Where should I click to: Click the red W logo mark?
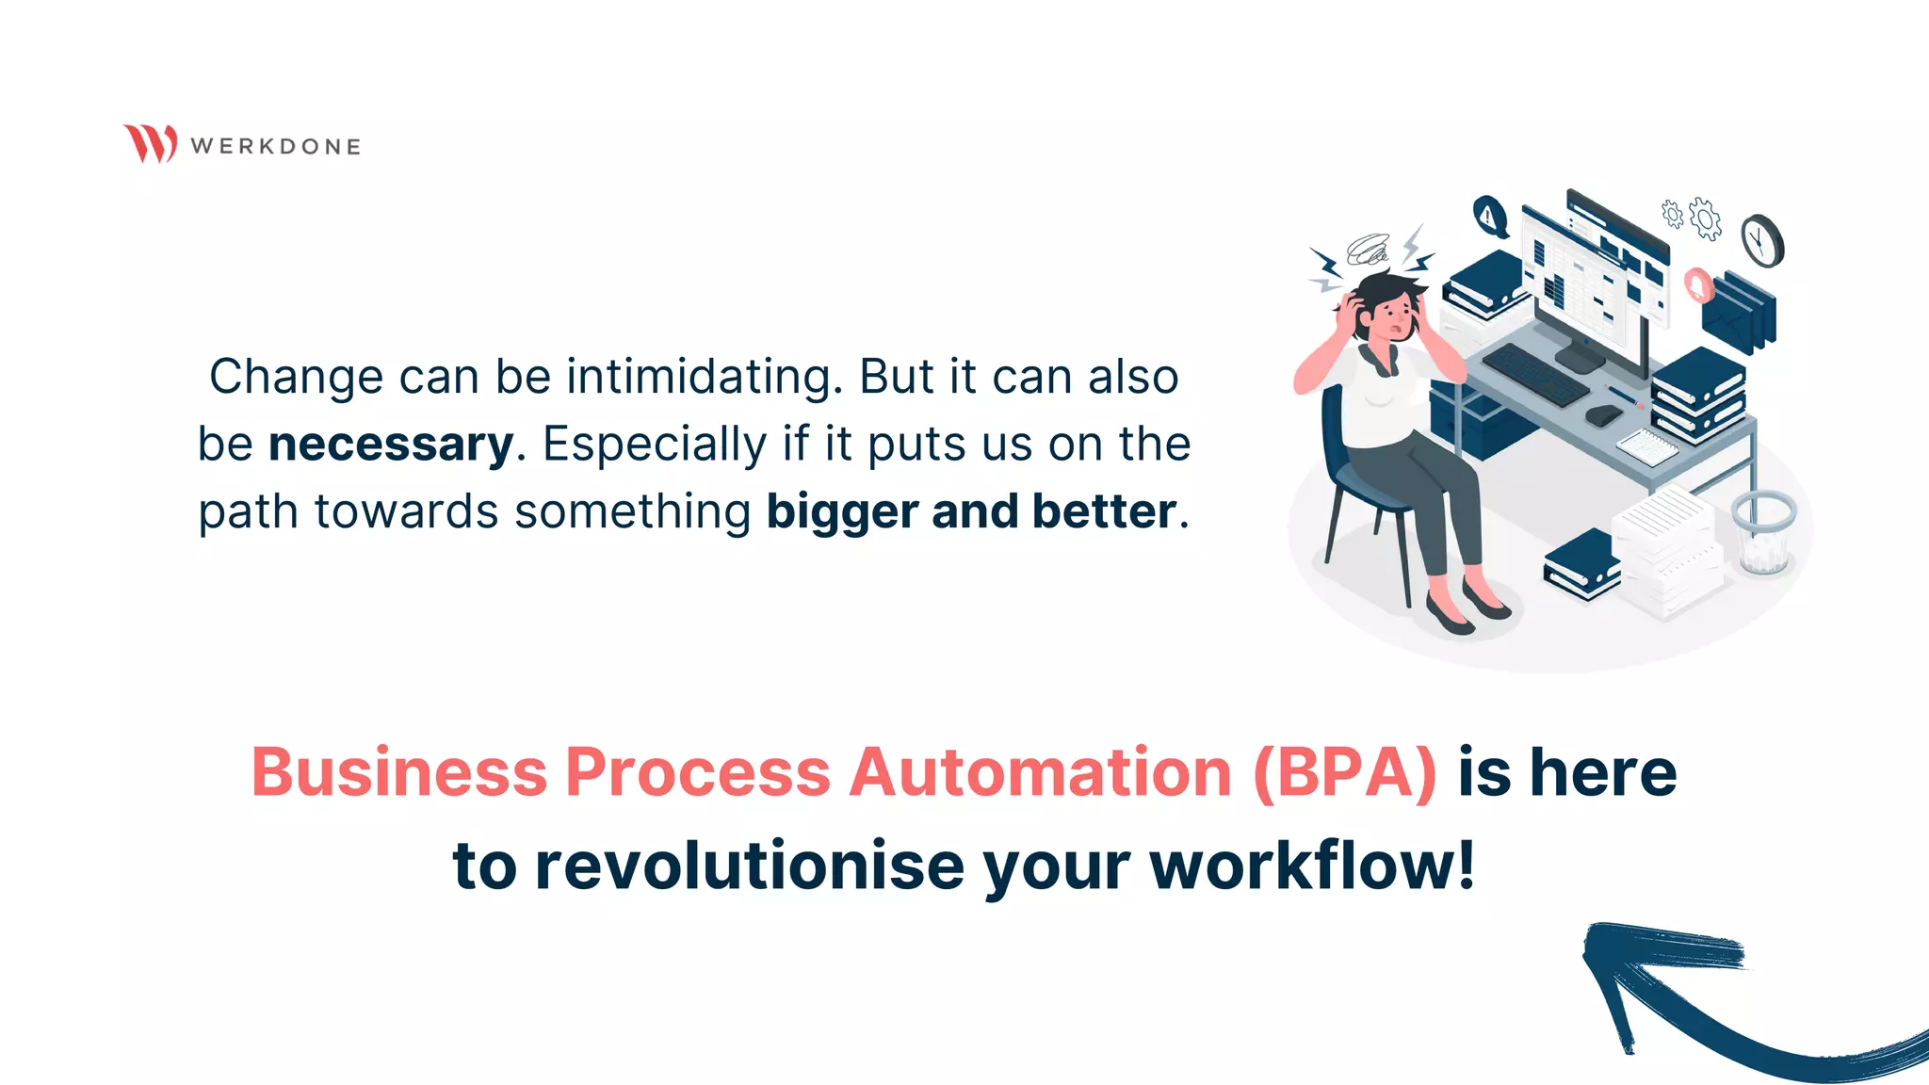150,143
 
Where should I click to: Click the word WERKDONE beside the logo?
275,147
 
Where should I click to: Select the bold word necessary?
391,445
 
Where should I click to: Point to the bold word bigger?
841,511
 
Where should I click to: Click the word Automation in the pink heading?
1040,772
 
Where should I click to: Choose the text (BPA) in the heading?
1345,772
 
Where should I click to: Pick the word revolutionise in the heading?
749,866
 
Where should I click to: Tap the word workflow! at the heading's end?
1312,866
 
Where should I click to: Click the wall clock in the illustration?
1760,240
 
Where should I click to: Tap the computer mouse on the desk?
1603,414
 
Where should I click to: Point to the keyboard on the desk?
1535,374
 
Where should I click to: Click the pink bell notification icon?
1697,284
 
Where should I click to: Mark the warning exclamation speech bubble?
1489,217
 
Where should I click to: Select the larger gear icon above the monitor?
1705,219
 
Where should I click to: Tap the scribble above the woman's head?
1368,250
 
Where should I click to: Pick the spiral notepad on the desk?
1646,446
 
